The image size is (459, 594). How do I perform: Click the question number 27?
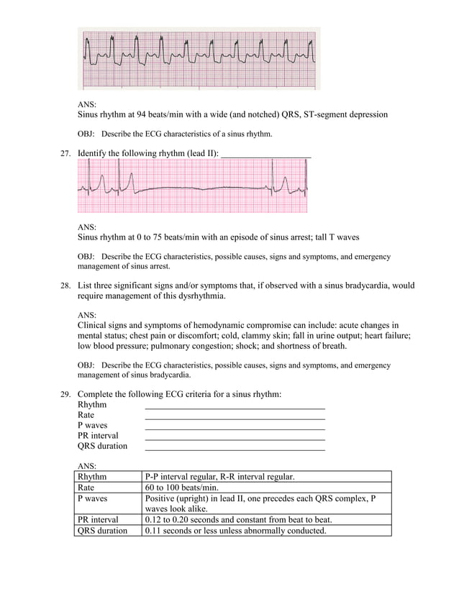(65, 152)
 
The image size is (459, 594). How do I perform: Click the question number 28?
(65, 285)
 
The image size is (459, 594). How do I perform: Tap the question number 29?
(65, 394)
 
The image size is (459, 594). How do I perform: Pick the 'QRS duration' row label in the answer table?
(102, 531)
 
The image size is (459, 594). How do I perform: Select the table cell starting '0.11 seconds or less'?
(235, 531)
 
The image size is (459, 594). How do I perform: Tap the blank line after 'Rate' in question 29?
(235, 417)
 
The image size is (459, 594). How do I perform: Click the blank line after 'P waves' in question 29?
(235, 428)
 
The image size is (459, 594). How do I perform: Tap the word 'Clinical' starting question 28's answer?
(94, 325)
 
